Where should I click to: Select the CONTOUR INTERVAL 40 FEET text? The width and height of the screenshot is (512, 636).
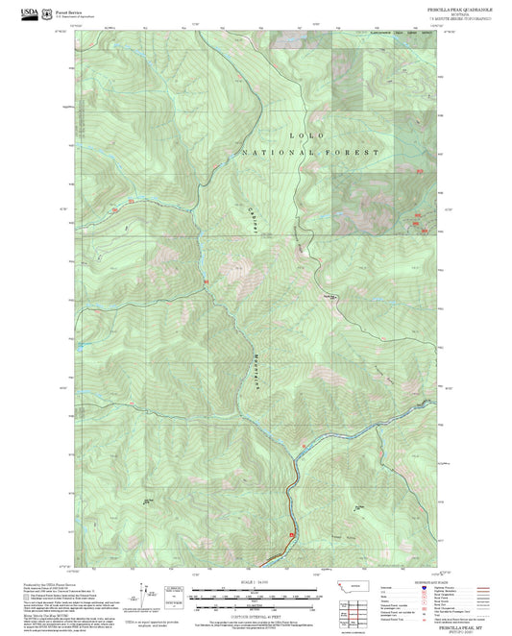point(255,615)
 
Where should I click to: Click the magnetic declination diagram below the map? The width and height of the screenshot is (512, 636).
point(145,596)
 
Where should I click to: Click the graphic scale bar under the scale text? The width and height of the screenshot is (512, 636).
point(255,593)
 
